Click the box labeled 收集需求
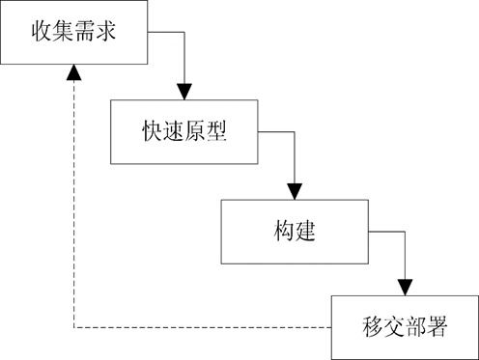(73, 32)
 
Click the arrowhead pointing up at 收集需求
(73, 73)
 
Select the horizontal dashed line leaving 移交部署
(203, 328)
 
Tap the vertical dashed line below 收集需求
(73, 203)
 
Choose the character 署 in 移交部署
(439, 327)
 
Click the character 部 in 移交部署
(415, 327)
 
